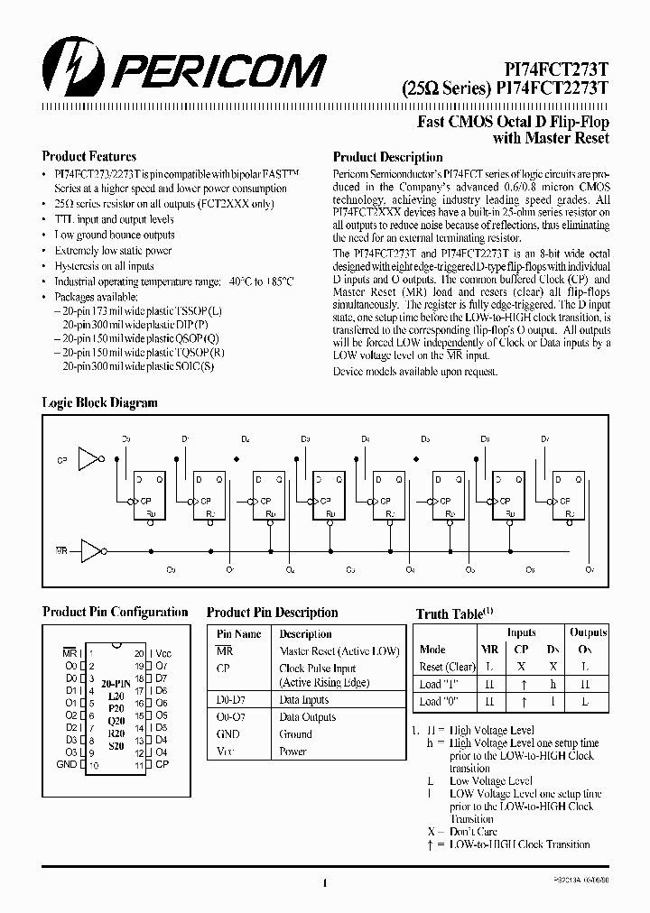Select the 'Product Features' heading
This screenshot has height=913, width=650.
pyautogui.click(x=89, y=156)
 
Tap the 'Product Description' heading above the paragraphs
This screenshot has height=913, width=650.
pyautogui.click(x=388, y=157)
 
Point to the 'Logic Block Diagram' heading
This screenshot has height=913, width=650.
pyautogui.click(x=99, y=402)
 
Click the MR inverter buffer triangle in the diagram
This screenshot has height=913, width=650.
pyautogui.click(x=91, y=548)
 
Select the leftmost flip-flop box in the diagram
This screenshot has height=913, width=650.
pyautogui.click(x=149, y=494)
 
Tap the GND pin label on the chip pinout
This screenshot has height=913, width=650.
pyautogui.click(x=67, y=764)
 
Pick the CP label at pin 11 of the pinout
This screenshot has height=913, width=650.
pyautogui.click(x=162, y=764)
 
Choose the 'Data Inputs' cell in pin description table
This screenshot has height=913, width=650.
pyautogui.click(x=304, y=700)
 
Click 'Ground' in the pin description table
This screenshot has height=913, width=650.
pyautogui.click(x=295, y=733)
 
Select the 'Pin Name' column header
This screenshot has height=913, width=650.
pyautogui.click(x=238, y=633)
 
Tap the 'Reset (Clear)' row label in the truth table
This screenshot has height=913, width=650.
pyautogui.click(x=447, y=667)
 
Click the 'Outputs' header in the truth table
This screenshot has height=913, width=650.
pyautogui.click(x=589, y=632)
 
